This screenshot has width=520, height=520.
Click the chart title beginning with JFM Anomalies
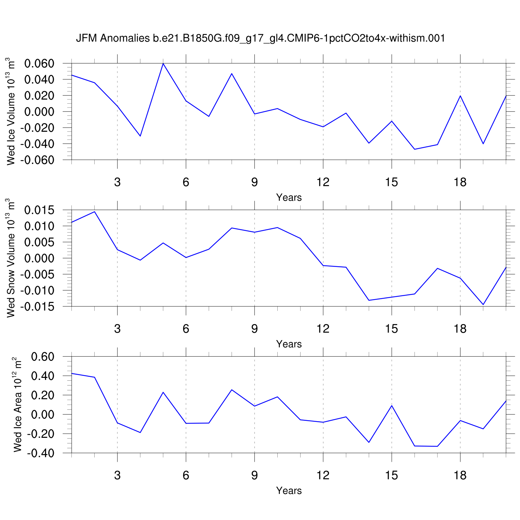coord(260,38)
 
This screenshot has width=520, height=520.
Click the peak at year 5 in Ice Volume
coord(163,63)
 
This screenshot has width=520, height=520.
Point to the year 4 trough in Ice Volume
coord(140,136)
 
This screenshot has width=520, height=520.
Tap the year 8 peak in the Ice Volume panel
coord(232,73)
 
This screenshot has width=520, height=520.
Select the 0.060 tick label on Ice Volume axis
coord(39,64)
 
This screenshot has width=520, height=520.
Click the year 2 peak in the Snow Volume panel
coord(94,211)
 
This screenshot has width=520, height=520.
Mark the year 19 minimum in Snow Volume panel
coord(483,304)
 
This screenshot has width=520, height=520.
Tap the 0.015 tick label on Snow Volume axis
coord(39,210)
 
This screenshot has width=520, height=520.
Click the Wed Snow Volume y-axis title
coord(11,258)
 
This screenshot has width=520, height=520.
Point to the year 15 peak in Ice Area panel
coord(392,406)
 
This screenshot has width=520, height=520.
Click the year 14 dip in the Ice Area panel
coord(369,442)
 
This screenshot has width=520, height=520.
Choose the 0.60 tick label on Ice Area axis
coord(43,357)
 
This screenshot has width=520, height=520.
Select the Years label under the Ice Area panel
coord(289,491)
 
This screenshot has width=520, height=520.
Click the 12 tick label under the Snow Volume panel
coord(323,329)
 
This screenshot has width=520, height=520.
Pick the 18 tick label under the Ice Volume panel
coord(460,182)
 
